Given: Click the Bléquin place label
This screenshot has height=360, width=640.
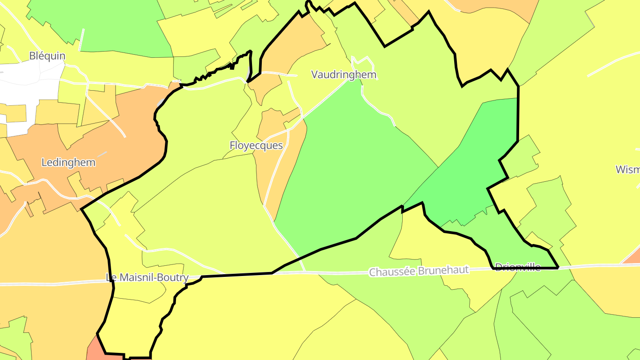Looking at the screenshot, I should coord(47,56).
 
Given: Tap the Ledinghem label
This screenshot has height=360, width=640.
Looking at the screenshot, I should coord(68,162).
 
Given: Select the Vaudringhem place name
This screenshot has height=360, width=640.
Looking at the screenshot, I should coord(344,75).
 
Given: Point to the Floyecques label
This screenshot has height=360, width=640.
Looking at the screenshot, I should coord(256,145).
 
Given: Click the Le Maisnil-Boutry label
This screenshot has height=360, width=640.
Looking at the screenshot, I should coord(147,278).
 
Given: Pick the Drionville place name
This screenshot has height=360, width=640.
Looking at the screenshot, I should coord(517,267).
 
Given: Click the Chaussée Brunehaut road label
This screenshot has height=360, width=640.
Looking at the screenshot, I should coord(419,271).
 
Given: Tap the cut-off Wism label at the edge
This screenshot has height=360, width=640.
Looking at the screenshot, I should coord(628,169).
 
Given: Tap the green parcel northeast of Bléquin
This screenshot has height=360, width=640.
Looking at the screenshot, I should coord(120,27).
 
